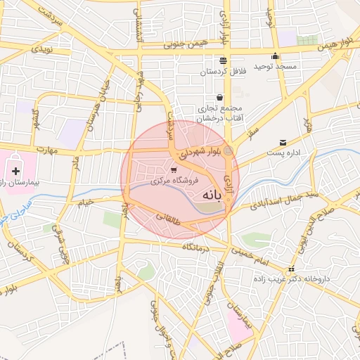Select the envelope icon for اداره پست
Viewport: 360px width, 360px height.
[x=283, y=142]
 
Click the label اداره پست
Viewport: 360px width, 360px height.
[x=283, y=153]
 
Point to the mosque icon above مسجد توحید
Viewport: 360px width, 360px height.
[x=275, y=56]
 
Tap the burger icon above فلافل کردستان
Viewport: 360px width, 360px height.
[x=223, y=60]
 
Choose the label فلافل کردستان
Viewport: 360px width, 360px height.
[x=221, y=71]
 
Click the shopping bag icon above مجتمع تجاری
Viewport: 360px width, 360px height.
[x=219, y=97]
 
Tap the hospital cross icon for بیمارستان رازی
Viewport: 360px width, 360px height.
[x=15, y=170]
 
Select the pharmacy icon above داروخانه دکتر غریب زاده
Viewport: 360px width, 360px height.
[x=292, y=269]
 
